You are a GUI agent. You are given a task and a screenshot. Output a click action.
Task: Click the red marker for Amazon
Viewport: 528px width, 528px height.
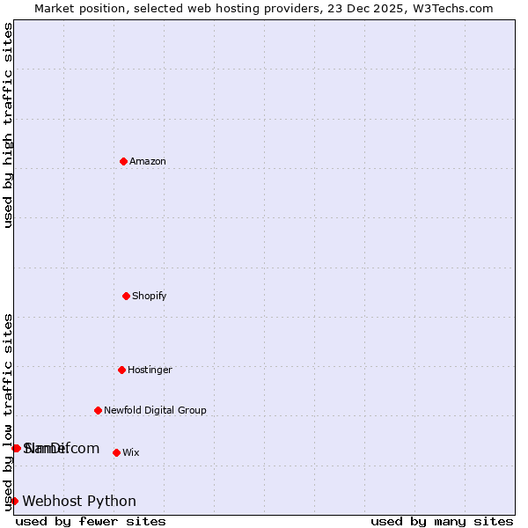click(123, 161)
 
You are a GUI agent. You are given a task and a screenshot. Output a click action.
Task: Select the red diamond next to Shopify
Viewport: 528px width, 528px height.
click(126, 296)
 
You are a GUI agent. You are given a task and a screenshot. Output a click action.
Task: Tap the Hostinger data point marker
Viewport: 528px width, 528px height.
click(121, 370)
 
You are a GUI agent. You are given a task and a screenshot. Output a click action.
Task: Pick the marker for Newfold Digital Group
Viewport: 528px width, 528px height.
click(98, 410)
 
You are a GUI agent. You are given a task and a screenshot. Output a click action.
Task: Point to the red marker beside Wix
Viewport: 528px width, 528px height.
click(116, 452)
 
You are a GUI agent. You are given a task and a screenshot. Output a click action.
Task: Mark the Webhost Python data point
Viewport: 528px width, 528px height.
click(14, 501)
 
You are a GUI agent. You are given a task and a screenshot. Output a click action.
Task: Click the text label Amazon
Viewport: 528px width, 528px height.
click(148, 161)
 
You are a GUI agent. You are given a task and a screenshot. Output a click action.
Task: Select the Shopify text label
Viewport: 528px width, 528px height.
click(150, 296)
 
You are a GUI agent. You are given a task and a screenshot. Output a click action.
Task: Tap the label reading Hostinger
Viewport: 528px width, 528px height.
click(150, 370)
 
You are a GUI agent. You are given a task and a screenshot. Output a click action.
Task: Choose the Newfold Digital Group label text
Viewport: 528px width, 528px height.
click(155, 410)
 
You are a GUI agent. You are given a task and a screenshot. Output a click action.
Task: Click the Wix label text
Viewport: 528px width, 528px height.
click(130, 452)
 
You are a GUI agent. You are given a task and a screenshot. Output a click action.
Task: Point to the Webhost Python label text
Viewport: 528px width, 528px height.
click(79, 501)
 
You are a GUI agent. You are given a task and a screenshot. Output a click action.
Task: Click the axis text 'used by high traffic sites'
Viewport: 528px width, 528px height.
click(8, 125)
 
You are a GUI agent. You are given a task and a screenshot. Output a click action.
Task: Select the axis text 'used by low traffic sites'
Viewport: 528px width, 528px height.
click(8, 412)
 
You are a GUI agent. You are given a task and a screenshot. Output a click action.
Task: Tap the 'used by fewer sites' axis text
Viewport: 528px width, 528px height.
click(91, 521)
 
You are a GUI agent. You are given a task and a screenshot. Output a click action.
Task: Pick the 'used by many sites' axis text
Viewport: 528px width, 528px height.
click(442, 521)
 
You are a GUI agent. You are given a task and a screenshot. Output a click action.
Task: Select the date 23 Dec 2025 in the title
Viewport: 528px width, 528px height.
click(378, 8)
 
